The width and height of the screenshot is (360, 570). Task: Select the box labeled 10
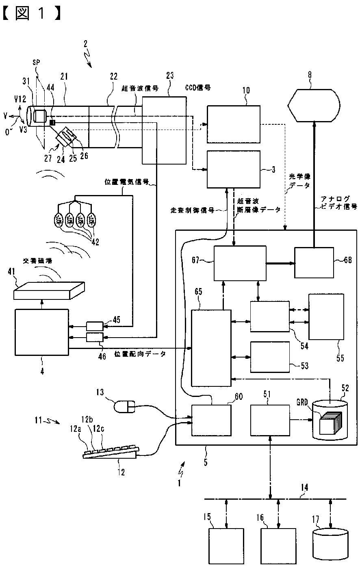click(x=233, y=124)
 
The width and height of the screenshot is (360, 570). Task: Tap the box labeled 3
click(x=233, y=169)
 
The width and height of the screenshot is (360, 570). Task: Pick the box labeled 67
click(x=240, y=263)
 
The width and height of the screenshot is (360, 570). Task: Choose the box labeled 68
click(x=314, y=262)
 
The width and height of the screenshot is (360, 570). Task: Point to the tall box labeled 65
click(x=211, y=348)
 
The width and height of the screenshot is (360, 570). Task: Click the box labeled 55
click(x=326, y=316)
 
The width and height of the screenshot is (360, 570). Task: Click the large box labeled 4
click(x=41, y=332)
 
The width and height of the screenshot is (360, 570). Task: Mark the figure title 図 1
click(x=32, y=14)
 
